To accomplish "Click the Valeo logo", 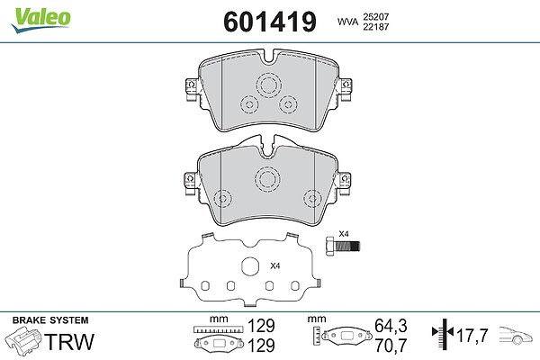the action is tap(41, 20).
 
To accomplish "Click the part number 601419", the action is tap(270, 22).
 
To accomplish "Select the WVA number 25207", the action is tap(375, 17).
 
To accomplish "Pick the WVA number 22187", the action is tap(375, 27).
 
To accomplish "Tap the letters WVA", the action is tap(347, 22).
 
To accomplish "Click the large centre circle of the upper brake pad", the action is tap(268, 85).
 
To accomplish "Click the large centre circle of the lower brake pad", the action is tap(267, 179).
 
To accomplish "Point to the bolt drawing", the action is tap(343, 246).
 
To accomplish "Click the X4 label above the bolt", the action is tap(344, 234).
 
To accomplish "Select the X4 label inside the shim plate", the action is tap(275, 266).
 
